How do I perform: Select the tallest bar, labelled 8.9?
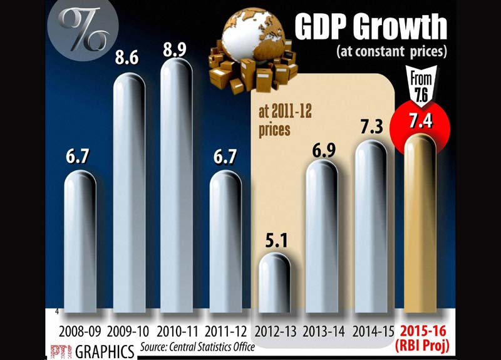pos(177,188)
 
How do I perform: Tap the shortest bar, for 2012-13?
pos(274,282)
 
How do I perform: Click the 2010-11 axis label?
pos(178,330)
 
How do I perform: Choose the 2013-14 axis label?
pos(322,330)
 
